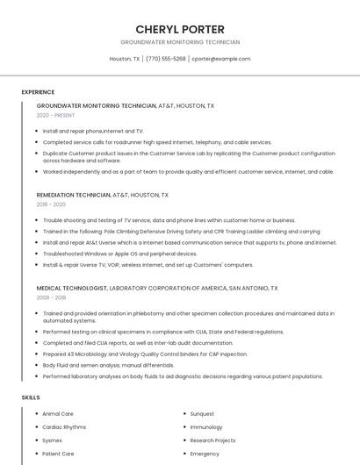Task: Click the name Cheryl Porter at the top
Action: [180, 29]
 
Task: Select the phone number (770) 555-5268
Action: [166, 59]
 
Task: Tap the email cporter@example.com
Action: [221, 59]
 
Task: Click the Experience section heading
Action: [38, 91]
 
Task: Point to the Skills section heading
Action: [31, 397]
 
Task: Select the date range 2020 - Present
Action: [55, 115]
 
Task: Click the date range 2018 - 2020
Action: [51, 204]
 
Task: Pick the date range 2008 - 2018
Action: [51, 297]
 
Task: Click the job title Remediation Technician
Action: [74, 195]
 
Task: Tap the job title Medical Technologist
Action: [73, 288]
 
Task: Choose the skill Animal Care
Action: [58, 413]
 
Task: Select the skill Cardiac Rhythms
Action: [64, 426]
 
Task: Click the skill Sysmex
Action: [53, 440]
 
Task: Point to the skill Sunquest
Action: [202, 413]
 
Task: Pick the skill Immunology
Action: [206, 426]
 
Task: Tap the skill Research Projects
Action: [212, 440]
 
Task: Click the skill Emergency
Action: [205, 454]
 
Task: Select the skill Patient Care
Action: [58, 454]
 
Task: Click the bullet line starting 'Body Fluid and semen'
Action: [109, 365]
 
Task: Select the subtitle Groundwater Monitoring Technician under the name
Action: [180, 42]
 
